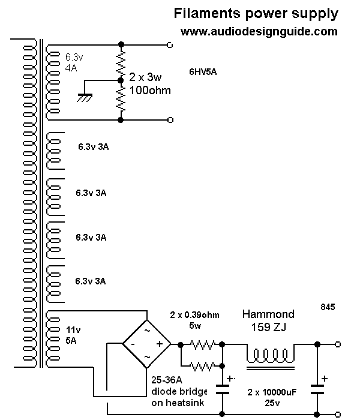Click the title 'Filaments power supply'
click(256, 13)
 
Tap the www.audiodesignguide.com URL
click(259, 32)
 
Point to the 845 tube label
click(328, 307)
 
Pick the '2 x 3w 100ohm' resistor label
click(149, 84)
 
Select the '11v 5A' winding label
click(71, 335)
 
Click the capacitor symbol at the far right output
click(317, 389)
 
